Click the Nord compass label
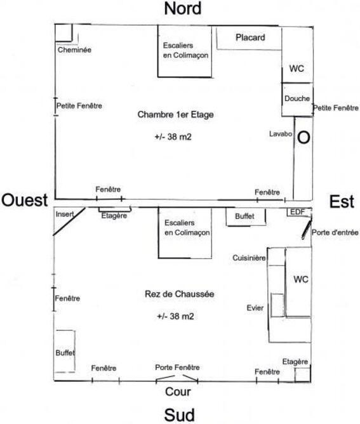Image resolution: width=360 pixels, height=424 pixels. (x=183, y=8)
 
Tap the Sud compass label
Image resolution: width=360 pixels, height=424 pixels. (x=179, y=415)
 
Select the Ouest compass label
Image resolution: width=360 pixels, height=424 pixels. (x=25, y=201)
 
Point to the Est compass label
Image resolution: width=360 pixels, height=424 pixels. (x=342, y=202)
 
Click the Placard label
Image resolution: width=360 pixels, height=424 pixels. (x=250, y=37)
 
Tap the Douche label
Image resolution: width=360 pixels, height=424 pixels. (x=297, y=98)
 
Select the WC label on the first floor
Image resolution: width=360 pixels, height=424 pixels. (x=297, y=69)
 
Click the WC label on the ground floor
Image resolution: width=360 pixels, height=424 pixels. (x=301, y=279)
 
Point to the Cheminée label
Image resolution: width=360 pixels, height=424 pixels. (x=74, y=50)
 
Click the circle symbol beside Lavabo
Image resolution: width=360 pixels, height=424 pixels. (x=303, y=138)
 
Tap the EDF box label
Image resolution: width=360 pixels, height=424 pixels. (x=297, y=212)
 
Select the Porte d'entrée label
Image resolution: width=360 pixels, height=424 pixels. (x=335, y=232)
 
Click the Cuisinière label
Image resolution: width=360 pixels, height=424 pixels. (x=249, y=258)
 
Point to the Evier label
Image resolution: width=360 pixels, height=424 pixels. (x=255, y=308)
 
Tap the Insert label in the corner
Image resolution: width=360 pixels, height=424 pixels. (x=65, y=214)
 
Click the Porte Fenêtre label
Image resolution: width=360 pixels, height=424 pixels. (x=177, y=368)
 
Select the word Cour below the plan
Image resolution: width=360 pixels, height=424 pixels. (x=178, y=392)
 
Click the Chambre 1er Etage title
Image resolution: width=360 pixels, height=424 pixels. (x=175, y=114)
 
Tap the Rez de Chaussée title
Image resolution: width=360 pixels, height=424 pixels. (x=180, y=294)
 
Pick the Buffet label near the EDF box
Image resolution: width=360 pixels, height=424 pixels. (x=244, y=216)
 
